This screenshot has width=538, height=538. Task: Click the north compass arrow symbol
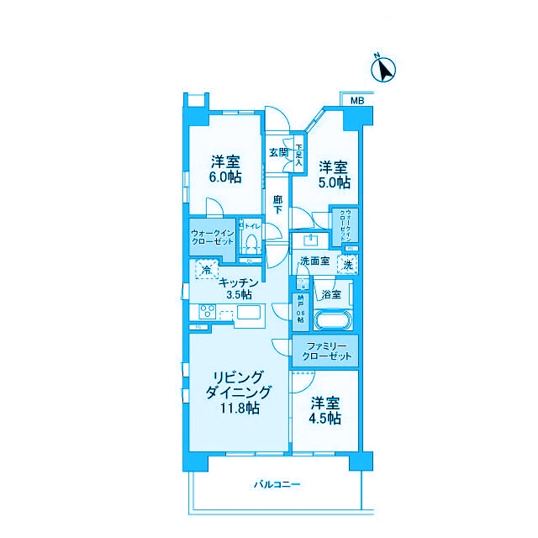386,69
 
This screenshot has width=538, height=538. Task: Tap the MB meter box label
356,101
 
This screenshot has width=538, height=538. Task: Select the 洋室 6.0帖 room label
225,169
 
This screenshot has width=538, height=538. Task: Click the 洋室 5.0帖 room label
333,174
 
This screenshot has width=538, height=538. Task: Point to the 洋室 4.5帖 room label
324,409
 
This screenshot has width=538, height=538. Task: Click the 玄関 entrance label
278,153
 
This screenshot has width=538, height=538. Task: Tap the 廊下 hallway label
277,204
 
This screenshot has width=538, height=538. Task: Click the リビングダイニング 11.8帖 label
240,392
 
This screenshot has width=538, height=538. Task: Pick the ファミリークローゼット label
325,351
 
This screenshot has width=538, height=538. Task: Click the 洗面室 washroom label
314,261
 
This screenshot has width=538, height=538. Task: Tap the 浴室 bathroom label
330,294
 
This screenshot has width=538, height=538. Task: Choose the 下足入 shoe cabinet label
298,155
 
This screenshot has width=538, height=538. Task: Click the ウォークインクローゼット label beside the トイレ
212,236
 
